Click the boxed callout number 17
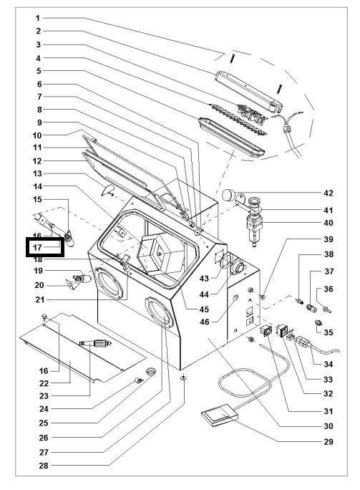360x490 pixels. [x=37, y=247]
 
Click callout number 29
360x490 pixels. [x=329, y=441]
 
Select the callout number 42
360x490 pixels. [x=329, y=193]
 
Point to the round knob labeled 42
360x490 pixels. [x=228, y=194]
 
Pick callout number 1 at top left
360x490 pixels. [x=38, y=18]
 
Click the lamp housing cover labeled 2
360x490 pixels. [x=249, y=91]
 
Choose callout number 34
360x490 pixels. [x=329, y=364]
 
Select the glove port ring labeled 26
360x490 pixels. [x=159, y=312]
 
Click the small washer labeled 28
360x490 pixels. [x=184, y=378]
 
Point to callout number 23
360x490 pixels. [x=44, y=396]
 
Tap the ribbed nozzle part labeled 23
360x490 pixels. [x=95, y=343]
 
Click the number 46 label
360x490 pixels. [x=205, y=322]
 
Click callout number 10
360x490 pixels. [x=37, y=135]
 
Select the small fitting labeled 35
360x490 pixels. [x=318, y=323]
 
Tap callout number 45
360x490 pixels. [x=204, y=309]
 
